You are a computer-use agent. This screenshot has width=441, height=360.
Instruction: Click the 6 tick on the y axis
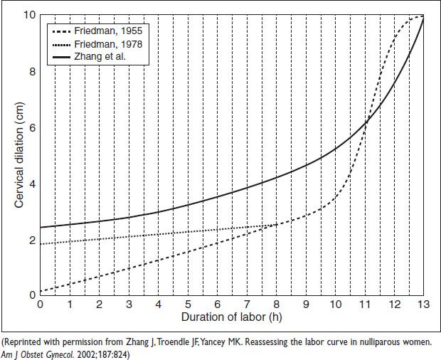(32, 127)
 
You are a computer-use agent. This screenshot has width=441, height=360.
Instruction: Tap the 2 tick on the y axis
(32, 239)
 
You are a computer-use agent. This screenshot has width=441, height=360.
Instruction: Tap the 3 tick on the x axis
(129, 305)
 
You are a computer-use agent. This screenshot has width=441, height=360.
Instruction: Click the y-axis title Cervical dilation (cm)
(19, 154)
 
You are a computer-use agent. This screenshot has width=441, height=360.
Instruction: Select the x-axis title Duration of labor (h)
(232, 317)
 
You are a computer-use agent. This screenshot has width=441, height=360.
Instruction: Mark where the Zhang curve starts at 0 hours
(41, 228)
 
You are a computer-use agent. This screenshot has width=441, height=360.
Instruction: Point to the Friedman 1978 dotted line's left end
(41, 244)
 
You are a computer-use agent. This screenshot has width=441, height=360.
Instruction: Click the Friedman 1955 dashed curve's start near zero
(41, 290)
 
